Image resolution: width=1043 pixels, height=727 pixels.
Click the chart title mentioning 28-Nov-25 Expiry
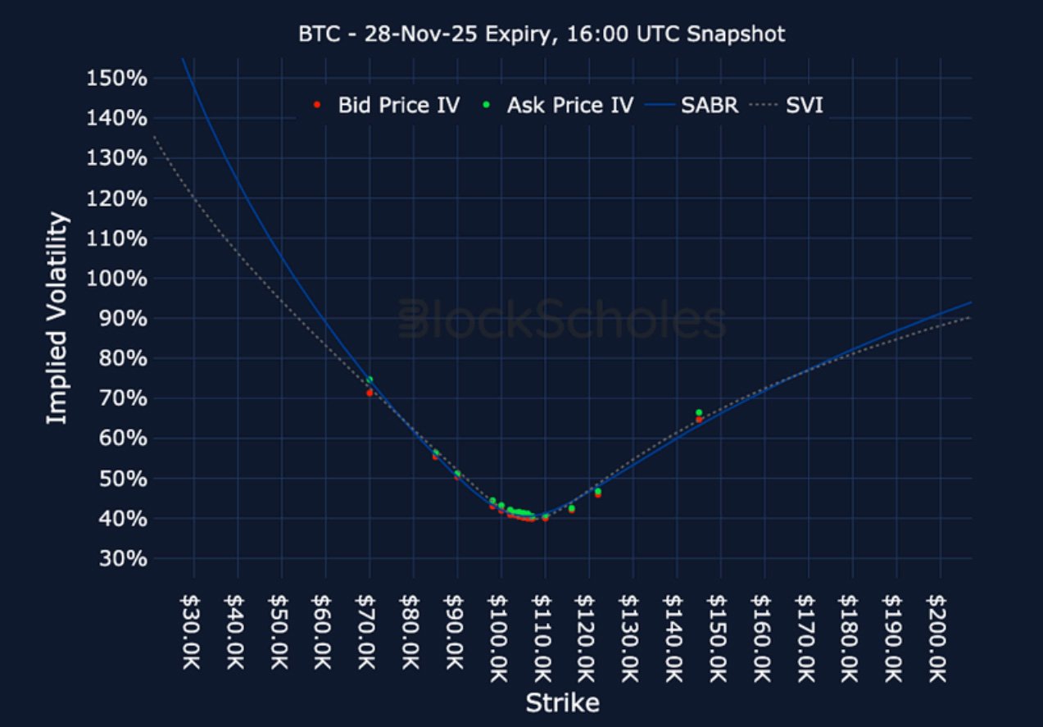pyautogui.click(x=541, y=34)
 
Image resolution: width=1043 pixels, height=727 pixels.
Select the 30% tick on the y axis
pyautogui.click(x=119, y=559)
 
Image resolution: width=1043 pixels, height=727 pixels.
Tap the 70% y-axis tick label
pyautogui.click(x=119, y=399)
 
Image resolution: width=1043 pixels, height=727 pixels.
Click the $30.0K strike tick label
pyautogui.click(x=194, y=635)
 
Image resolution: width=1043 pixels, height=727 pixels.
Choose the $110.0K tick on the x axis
pyautogui.click(x=545, y=635)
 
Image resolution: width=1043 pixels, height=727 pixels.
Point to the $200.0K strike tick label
pyautogui.click(x=939, y=635)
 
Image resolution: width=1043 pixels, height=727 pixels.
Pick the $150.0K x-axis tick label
pyautogui.click(x=720, y=635)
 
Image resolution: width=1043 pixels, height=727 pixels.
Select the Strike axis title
pyautogui.click(x=562, y=703)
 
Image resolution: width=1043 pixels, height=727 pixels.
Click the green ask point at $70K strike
pyautogui.click(x=370, y=379)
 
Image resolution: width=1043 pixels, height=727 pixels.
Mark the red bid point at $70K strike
pyautogui.click(x=370, y=393)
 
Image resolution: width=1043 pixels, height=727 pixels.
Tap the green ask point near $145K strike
pyautogui.click(x=699, y=412)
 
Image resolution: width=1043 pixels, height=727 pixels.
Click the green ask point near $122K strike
pyautogui.click(x=597, y=491)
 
